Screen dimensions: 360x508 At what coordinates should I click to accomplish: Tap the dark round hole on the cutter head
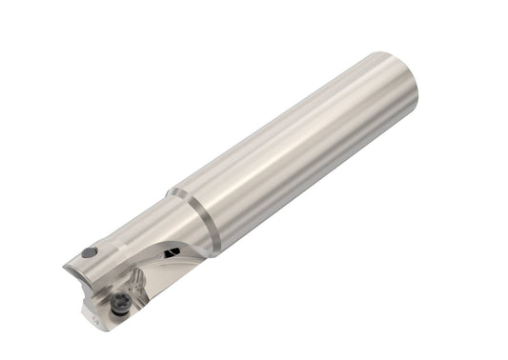pos(88,252)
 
